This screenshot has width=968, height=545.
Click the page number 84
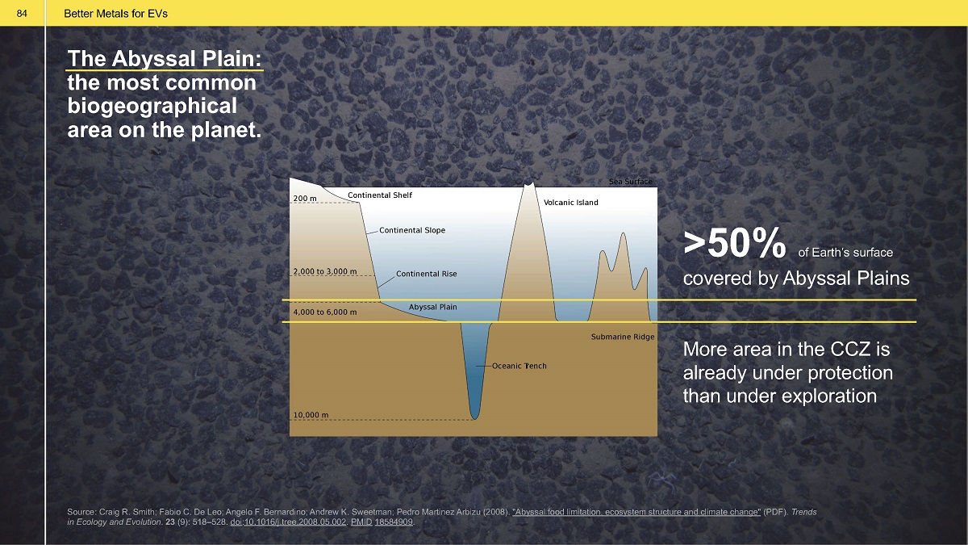pyautogui.click(x=22, y=14)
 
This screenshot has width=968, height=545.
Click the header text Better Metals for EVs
pyautogui.click(x=116, y=14)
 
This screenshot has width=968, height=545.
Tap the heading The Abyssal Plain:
pyautogui.click(x=165, y=58)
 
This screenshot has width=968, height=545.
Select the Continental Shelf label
pyautogui.click(x=380, y=195)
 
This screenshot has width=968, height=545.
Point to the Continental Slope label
pyautogui.click(x=412, y=230)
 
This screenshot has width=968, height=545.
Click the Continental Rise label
pyautogui.click(x=427, y=274)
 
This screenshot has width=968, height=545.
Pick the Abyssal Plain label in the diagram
pyautogui.click(x=432, y=307)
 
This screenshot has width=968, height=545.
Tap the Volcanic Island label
pyautogui.click(x=571, y=203)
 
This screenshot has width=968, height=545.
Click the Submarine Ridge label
pyautogui.click(x=623, y=337)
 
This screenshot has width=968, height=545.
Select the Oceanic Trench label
pyautogui.click(x=519, y=366)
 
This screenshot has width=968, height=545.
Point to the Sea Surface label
pyautogui.click(x=631, y=182)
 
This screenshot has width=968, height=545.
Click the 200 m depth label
pyautogui.click(x=305, y=199)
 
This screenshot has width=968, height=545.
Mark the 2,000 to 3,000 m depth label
pyautogui.click(x=325, y=271)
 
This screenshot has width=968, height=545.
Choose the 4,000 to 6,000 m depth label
pyautogui.click(x=325, y=312)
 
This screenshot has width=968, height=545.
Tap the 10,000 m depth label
pyautogui.click(x=311, y=415)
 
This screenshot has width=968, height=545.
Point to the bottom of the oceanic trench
pyautogui.click(x=475, y=419)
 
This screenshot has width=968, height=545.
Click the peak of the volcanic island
pyautogui.click(x=529, y=184)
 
